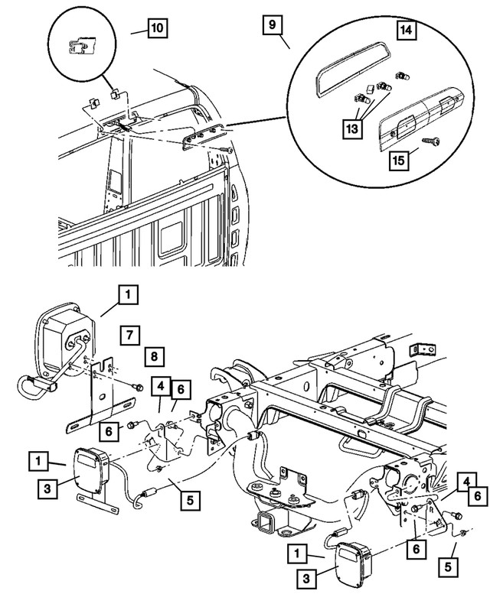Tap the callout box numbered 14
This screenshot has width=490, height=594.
pyautogui.click(x=407, y=31)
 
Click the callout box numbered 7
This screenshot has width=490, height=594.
pyautogui.click(x=129, y=334)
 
